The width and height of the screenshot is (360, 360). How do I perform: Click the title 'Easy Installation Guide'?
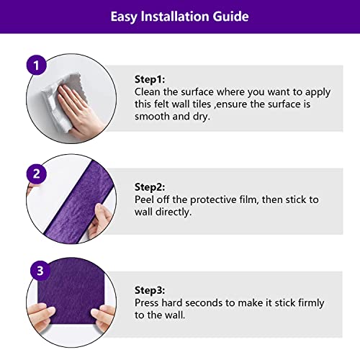(x=179, y=16)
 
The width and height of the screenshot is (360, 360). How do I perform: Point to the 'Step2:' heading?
(x=150, y=186)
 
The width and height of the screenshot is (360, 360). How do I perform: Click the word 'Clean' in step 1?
(x=149, y=92)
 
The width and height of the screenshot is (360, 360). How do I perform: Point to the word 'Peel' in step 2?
(x=147, y=199)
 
